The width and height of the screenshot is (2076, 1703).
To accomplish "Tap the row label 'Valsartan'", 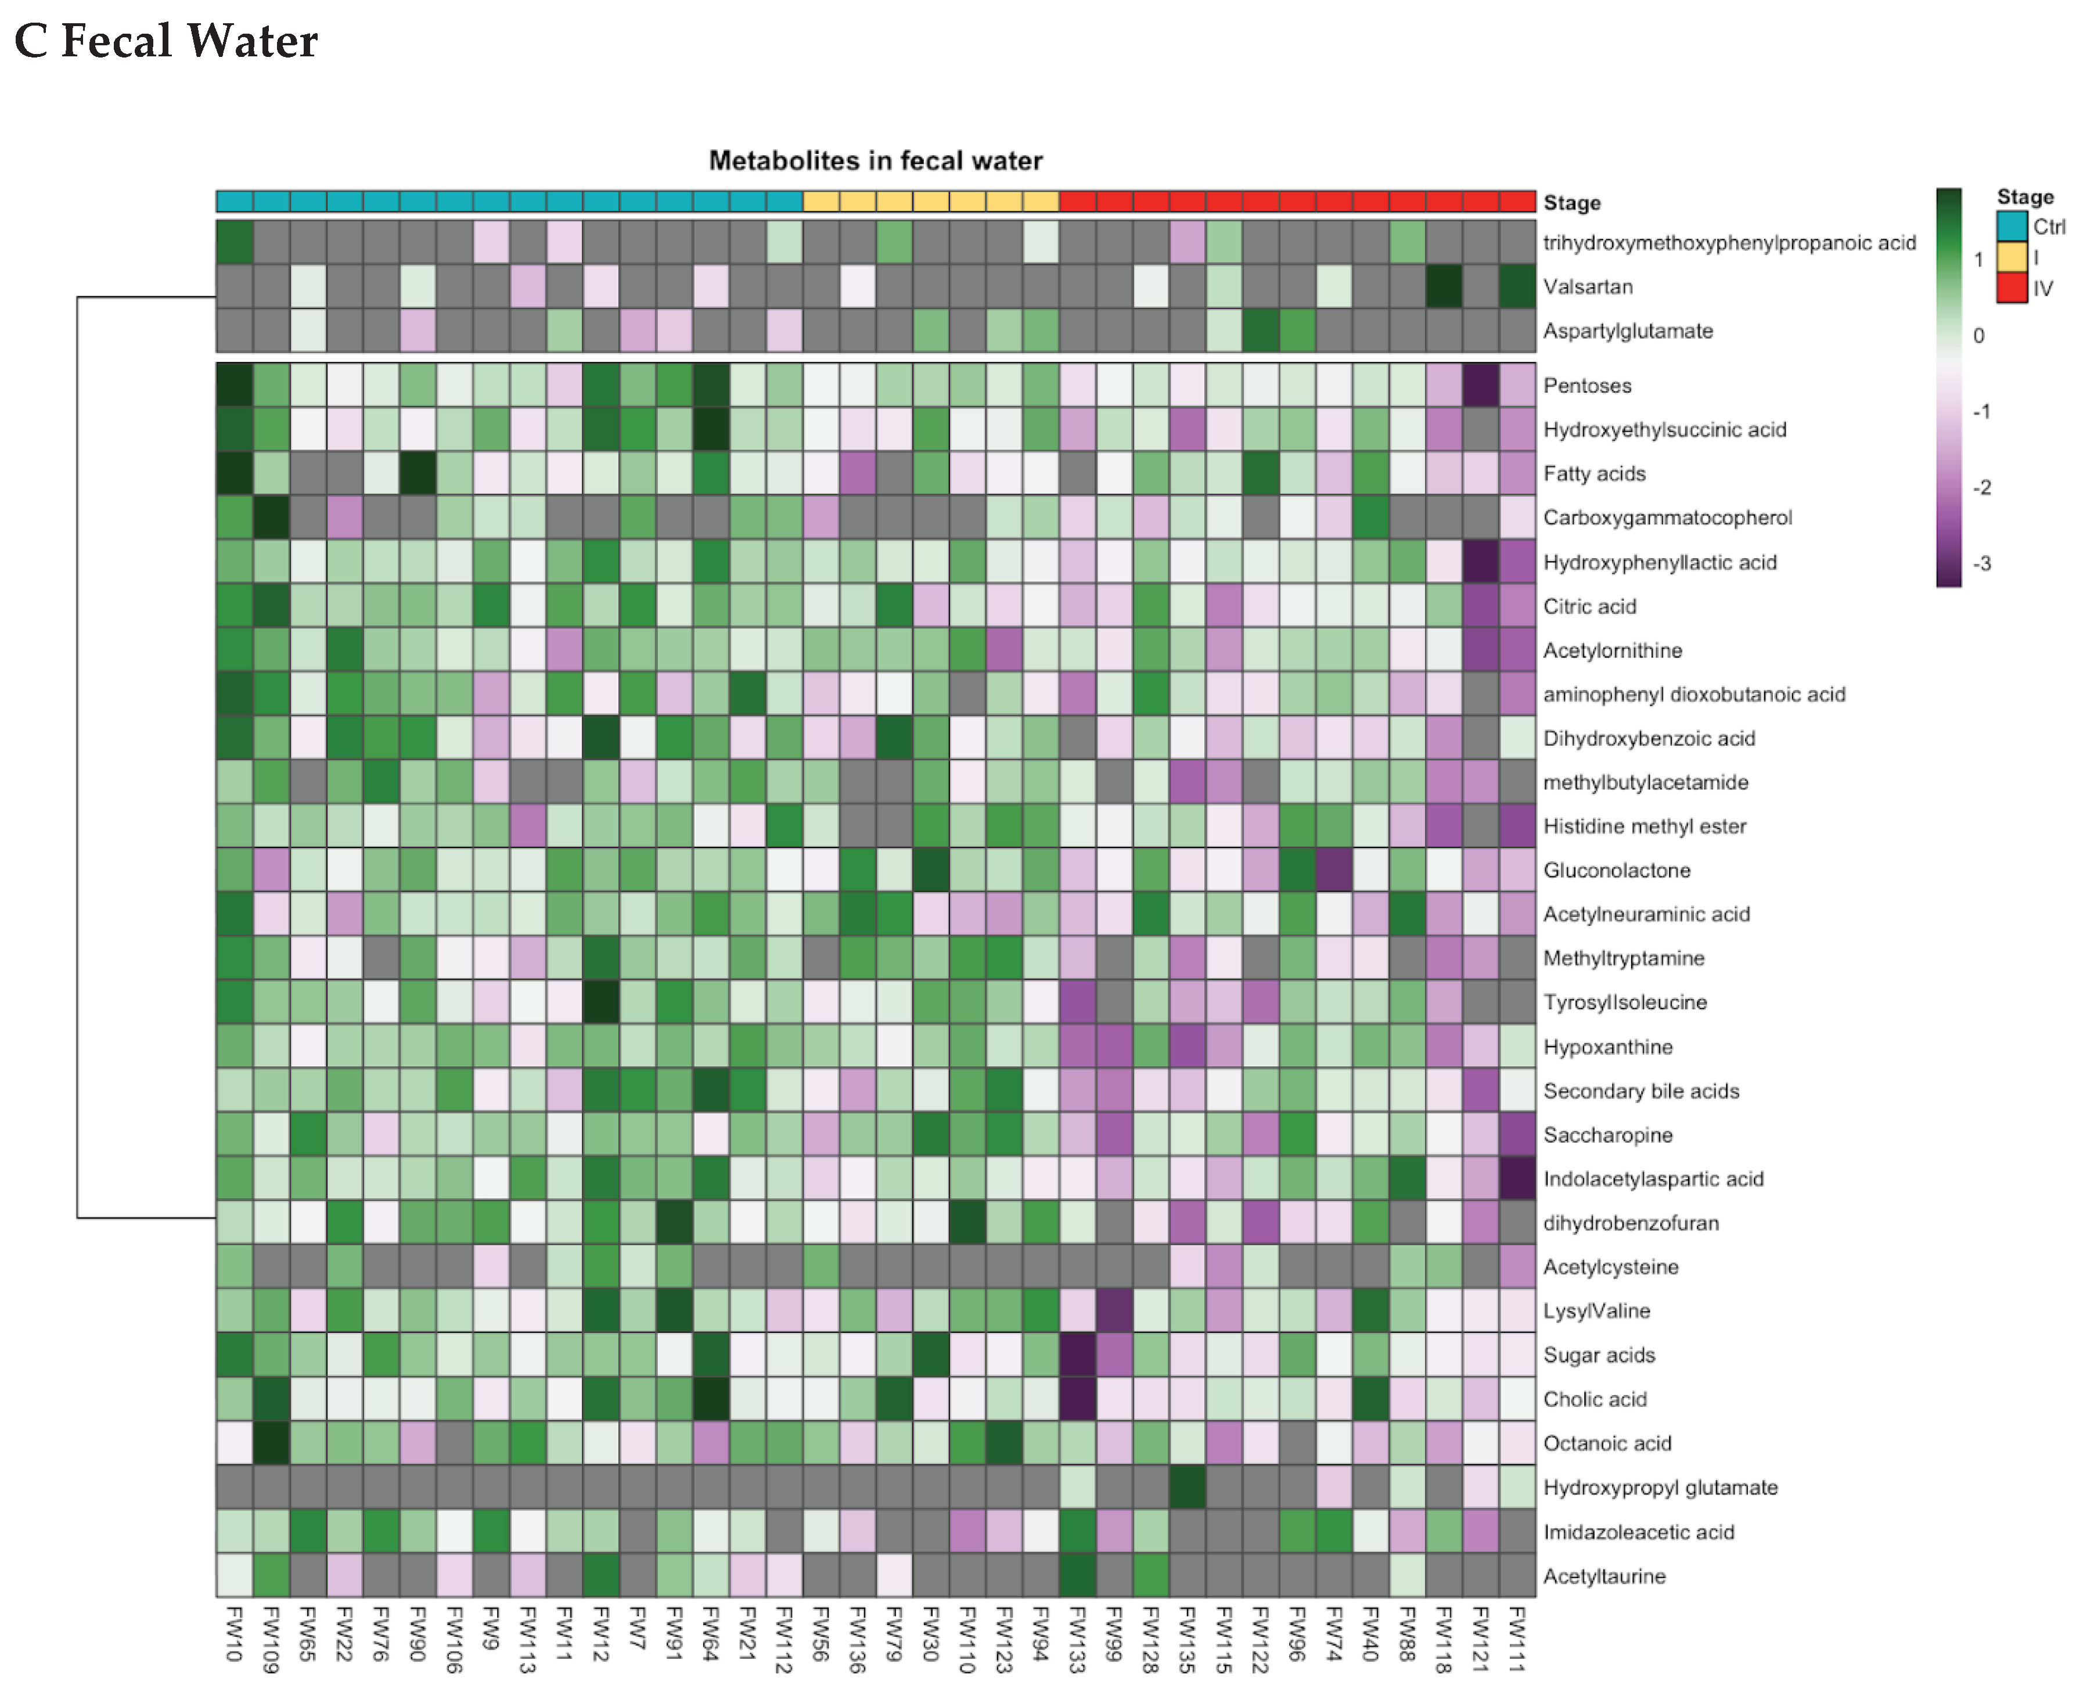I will (x=1588, y=286).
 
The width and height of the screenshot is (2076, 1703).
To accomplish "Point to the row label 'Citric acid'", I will (x=1589, y=606).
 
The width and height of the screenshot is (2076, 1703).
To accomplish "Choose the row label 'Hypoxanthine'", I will (x=1607, y=1047).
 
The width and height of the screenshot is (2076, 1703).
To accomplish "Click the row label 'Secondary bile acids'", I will (x=1640, y=1091).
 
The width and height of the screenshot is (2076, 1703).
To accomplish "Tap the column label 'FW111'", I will (x=1517, y=1639).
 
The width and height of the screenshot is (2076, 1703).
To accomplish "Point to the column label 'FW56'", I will (x=821, y=1634).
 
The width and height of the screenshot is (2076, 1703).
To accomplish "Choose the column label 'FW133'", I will (x=1077, y=1639).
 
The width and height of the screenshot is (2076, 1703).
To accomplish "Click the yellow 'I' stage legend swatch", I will (x=2012, y=257).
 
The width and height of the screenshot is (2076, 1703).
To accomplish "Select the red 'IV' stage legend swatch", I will (x=2012, y=288).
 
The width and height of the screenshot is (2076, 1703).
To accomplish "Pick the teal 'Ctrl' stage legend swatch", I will (x=2012, y=227).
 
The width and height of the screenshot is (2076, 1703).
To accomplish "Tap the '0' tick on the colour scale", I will (x=1978, y=336).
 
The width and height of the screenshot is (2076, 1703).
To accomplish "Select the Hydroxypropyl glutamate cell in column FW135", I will (x=1188, y=1487).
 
